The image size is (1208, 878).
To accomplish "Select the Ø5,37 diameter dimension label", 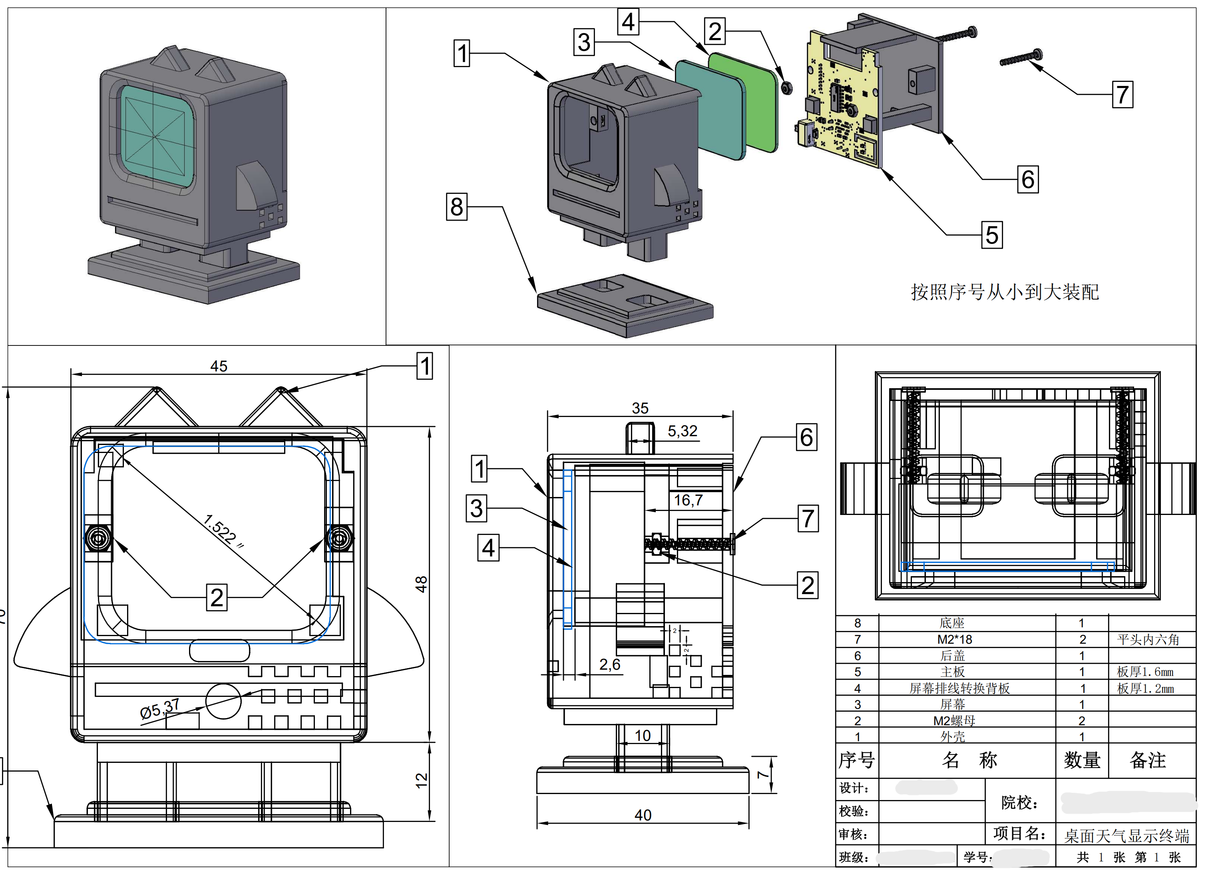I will (x=159, y=709).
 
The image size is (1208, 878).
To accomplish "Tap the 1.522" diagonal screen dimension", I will (x=224, y=531).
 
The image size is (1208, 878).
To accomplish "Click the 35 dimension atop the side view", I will (x=640, y=408).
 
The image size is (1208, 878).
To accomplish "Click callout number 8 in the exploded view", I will (x=456, y=207).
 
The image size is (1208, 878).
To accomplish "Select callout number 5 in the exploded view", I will (x=992, y=235).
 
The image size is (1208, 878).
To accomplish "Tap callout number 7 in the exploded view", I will (x=1122, y=95).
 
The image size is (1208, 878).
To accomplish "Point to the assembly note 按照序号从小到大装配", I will (x=1005, y=292).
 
